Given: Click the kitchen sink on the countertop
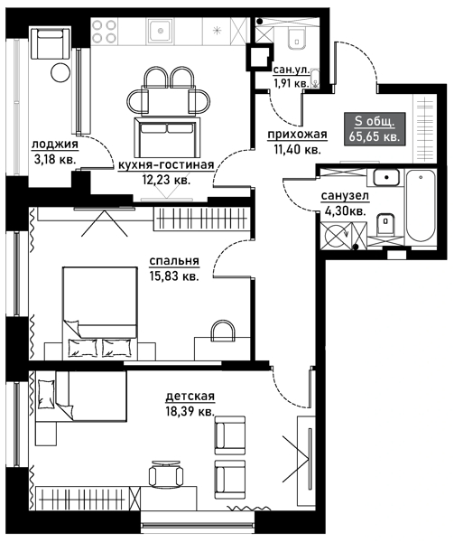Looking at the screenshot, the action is coord(161,31).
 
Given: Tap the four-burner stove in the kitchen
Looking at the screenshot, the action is coord(105,31).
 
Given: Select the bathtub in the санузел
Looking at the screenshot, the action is coord(421,208).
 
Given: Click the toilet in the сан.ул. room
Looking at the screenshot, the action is coord(297,39).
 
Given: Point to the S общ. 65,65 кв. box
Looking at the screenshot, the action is coord(375,128).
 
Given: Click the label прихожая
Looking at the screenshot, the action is coord(297,135).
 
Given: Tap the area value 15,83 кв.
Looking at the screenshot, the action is coord(174,276).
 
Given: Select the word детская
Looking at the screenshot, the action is coord(190,397).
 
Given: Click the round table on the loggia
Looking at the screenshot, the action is coord(60,72).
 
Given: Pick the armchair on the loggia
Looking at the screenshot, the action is coord(50,44).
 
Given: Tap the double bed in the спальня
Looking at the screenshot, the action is coord(99,313).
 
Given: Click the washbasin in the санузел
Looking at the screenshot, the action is coord(386,178).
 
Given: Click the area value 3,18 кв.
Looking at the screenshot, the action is coord(55,160).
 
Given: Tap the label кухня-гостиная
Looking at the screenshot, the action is coord(166,165).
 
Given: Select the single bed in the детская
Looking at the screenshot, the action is coord(80,397).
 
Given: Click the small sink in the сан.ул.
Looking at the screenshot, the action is coord(315,78).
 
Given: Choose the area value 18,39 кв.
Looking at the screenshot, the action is coord(190,411).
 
